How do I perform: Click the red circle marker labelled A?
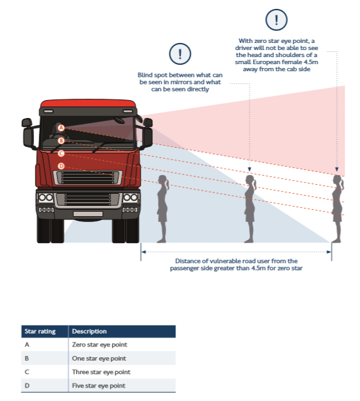(x=61, y=128)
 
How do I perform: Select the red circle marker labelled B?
(x=61, y=141)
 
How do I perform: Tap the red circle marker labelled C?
(x=61, y=153)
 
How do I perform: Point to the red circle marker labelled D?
(x=61, y=166)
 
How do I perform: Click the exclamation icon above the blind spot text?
(x=180, y=53)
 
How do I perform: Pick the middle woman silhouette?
(x=249, y=207)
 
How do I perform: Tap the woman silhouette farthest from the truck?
(x=336, y=207)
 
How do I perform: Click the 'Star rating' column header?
(x=40, y=331)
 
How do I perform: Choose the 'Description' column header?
(x=89, y=331)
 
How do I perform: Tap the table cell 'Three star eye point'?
(x=101, y=372)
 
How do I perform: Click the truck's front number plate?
(x=87, y=213)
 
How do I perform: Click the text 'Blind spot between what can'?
(x=180, y=75)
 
